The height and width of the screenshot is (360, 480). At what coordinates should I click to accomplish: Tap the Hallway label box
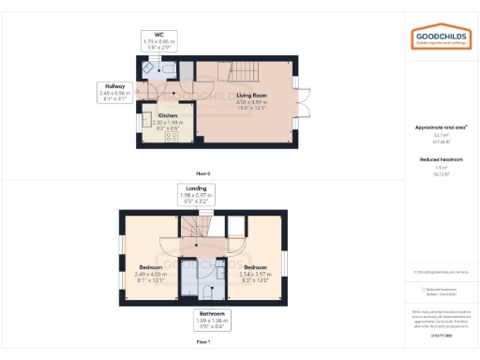[x=114, y=91]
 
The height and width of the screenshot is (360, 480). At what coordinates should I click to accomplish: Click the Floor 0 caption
[x=203, y=173]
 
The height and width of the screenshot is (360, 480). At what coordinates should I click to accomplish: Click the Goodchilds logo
[x=442, y=37]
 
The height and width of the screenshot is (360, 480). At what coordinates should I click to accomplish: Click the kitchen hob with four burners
[x=172, y=136]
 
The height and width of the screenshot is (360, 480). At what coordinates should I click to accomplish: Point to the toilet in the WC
[x=167, y=68]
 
